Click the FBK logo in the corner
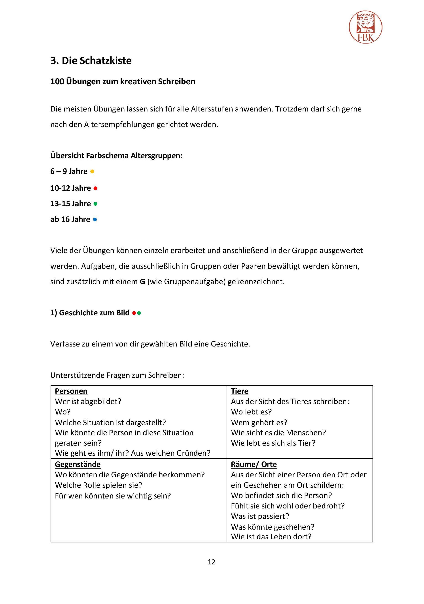point(365,27)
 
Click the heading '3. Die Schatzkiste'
point(91,60)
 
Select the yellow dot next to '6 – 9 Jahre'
point(92,171)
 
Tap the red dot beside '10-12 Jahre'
point(96,188)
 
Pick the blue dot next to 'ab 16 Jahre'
point(95,219)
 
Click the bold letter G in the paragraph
point(142,282)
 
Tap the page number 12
point(211,562)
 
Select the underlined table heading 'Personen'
point(71,391)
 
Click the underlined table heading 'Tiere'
point(240,391)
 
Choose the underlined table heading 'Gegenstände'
point(78,464)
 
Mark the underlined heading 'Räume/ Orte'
point(254,464)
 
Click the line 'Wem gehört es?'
point(259,422)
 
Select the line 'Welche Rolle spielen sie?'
point(98,485)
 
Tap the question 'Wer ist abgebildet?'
point(88,401)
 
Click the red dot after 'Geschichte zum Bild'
point(134,313)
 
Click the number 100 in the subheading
point(57,82)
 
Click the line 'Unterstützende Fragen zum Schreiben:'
point(117,375)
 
